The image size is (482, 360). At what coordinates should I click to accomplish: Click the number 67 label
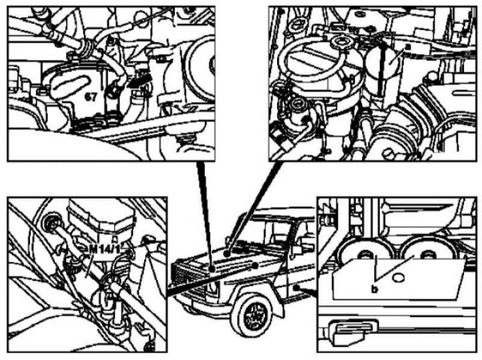tap(91, 97)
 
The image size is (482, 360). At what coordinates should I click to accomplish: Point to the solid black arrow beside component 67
tap(139, 81)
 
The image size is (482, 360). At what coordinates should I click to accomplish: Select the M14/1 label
tap(104, 249)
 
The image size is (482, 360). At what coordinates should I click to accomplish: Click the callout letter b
tap(374, 289)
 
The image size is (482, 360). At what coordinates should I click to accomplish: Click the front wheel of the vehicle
tap(253, 316)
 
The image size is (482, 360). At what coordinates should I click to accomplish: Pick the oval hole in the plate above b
tap(398, 278)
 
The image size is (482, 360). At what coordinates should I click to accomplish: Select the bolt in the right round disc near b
tap(428, 254)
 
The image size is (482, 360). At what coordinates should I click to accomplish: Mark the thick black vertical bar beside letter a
tap(380, 70)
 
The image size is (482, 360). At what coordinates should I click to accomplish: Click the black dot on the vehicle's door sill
tap(295, 288)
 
